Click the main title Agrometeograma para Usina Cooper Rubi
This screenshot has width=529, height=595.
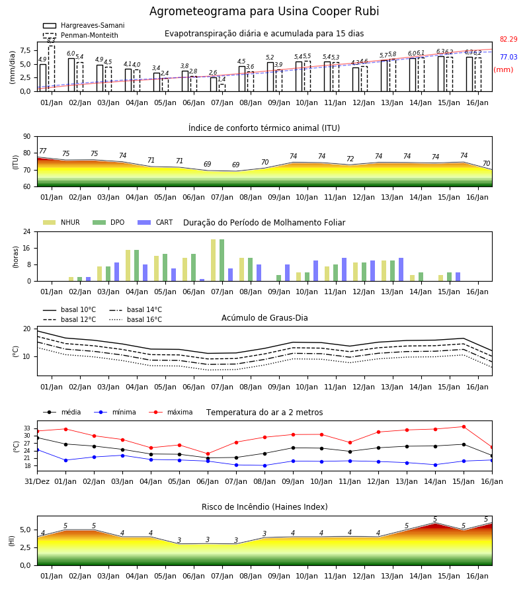(x=264, y=11)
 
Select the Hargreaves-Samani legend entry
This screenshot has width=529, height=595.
(x=83, y=25)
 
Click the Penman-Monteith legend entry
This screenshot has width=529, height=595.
(x=81, y=35)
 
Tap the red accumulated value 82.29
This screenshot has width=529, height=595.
(x=509, y=39)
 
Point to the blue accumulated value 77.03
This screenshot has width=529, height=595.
(x=509, y=57)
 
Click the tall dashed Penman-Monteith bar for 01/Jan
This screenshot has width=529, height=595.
(x=52, y=68)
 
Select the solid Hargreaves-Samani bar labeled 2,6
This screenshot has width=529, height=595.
(x=214, y=84)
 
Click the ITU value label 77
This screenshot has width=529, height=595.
(x=43, y=151)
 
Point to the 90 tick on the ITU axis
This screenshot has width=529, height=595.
(x=27, y=137)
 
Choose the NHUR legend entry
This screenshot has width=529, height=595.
(x=61, y=222)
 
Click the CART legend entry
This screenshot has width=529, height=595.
(x=155, y=222)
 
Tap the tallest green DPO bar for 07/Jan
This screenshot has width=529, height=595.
(x=222, y=260)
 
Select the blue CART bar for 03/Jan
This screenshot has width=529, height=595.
(x=116, y=272)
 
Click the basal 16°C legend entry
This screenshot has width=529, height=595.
(x=136, y=319)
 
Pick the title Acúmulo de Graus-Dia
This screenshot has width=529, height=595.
(x=264, y=318)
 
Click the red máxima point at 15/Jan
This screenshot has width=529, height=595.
(x=464, y=427)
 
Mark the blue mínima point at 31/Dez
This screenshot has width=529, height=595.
(x=37, y=450)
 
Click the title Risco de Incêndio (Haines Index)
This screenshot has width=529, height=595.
(x=264, y=507)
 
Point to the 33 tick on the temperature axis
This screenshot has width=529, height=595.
(x=27, y=428)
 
